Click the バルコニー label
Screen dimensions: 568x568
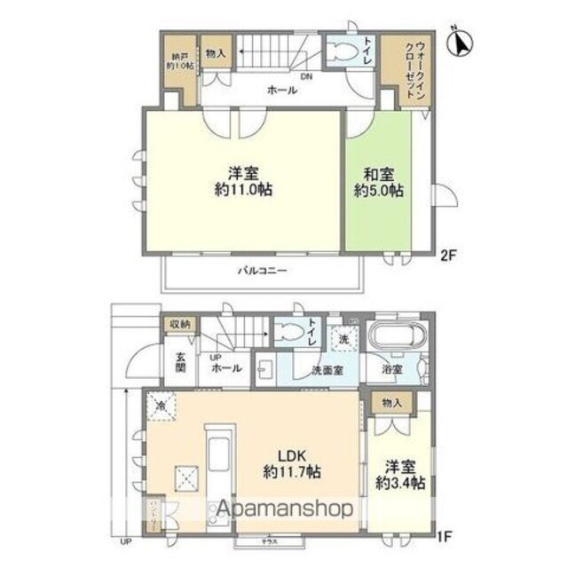point(260,271)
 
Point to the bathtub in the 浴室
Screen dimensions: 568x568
point(397,338)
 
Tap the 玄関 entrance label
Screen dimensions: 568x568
point(179,364)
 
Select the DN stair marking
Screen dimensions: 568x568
point(305,76)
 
